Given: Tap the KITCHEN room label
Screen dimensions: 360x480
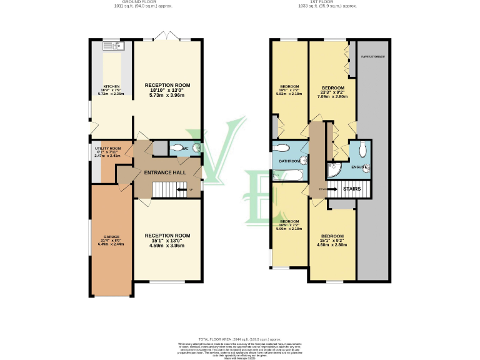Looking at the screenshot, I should pos(111,87).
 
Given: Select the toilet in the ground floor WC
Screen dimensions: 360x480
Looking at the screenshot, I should pos(196,148).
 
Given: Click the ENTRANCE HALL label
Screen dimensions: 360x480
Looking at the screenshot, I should pos(164,172).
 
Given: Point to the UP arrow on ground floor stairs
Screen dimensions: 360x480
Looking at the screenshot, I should pos(182,189).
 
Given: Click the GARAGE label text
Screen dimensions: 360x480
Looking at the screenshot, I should pos(111,237).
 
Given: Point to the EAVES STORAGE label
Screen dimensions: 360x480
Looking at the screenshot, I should pos(372,57).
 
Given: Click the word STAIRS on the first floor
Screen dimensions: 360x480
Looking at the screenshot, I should pos(352,188).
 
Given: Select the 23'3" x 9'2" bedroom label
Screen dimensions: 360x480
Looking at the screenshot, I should pos(332,92).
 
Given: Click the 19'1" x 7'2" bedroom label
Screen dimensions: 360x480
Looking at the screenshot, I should pos(290,90).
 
